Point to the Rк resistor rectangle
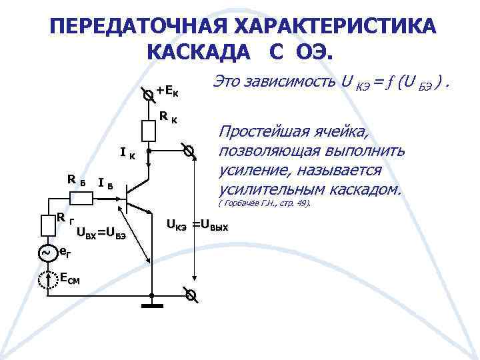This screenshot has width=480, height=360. [149, 130]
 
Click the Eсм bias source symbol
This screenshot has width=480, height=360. [46, 281]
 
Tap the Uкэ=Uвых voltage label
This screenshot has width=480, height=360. [197, 225]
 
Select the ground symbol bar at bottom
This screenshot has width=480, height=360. [152, 307]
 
